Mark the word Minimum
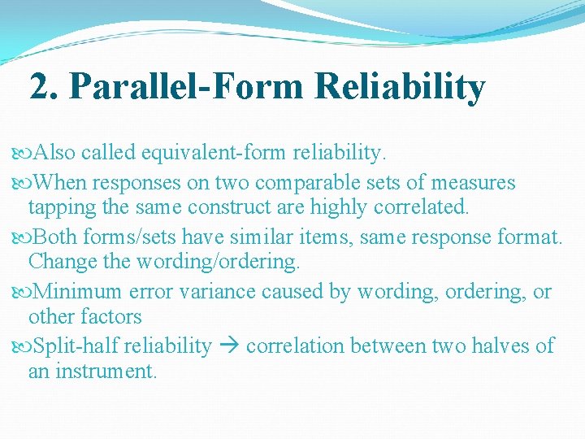coord(78,291)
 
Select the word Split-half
coord(77,346)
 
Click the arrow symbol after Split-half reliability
coord(228,346)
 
